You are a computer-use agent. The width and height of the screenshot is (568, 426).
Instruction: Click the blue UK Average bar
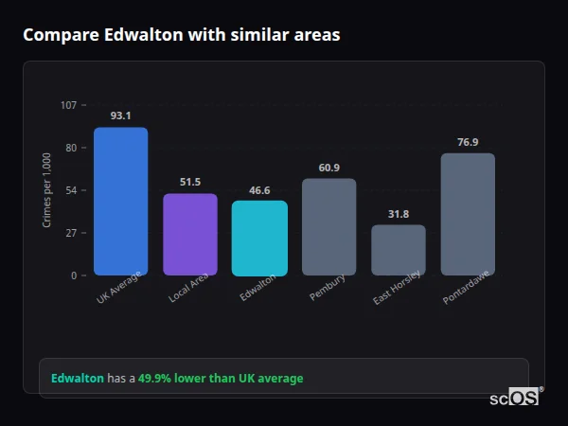click(120, 202)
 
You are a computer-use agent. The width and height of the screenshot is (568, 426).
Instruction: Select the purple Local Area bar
click(190, 235)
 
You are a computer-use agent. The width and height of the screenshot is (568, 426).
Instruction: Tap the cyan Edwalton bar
click(259, 239)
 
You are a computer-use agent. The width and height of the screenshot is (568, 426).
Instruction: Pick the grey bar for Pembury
click(329, 227)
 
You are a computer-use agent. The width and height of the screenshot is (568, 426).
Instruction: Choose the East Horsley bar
click(399, 250)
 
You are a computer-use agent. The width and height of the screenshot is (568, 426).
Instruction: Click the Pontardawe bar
click(468, 215)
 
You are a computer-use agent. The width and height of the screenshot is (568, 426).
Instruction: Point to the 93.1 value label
click(120, 115)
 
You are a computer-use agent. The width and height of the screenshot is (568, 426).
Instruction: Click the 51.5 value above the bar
click(190, 182)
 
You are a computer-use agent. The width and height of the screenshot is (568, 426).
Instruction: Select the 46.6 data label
click(259, 189)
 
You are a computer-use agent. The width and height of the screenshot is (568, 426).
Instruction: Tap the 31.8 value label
click(399, 214)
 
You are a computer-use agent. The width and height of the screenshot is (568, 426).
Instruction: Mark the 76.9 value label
click(468, 142)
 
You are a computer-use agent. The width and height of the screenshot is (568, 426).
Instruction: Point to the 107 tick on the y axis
click(69, 105)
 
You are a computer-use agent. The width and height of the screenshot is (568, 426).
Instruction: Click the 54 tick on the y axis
click(71, 190)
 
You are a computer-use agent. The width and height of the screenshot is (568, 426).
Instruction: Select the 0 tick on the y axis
click(74, 275)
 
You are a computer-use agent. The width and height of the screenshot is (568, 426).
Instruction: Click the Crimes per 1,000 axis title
click(47, 190)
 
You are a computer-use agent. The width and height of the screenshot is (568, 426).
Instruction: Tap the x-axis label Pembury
click(328, 288)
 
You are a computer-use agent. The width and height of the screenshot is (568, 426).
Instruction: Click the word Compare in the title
click(60, 35)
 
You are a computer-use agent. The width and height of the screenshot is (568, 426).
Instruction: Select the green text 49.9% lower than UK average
click(221, 379)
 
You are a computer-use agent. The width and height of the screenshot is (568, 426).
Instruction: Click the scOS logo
click(515, 398)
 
